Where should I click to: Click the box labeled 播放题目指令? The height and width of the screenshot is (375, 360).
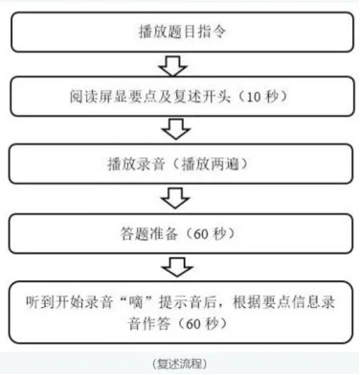tap(179, 31)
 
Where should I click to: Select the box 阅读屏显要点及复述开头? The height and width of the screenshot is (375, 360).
tap(179, 97)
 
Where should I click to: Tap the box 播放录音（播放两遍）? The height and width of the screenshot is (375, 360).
tap(179, 163)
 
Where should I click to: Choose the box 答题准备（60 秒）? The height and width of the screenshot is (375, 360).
tap(179, 231)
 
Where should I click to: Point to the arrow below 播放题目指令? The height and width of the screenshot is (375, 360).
tap(174, 64)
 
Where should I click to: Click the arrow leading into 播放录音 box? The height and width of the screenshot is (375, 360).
tap(174, 130)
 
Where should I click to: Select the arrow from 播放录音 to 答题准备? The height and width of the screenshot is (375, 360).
tap(174, 197)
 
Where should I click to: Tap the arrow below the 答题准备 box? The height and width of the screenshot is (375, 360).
tap(174, 264)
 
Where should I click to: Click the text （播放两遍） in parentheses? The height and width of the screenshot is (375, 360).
tap(212, 164)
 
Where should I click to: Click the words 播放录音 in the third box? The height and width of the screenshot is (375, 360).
tap(145, 164)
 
